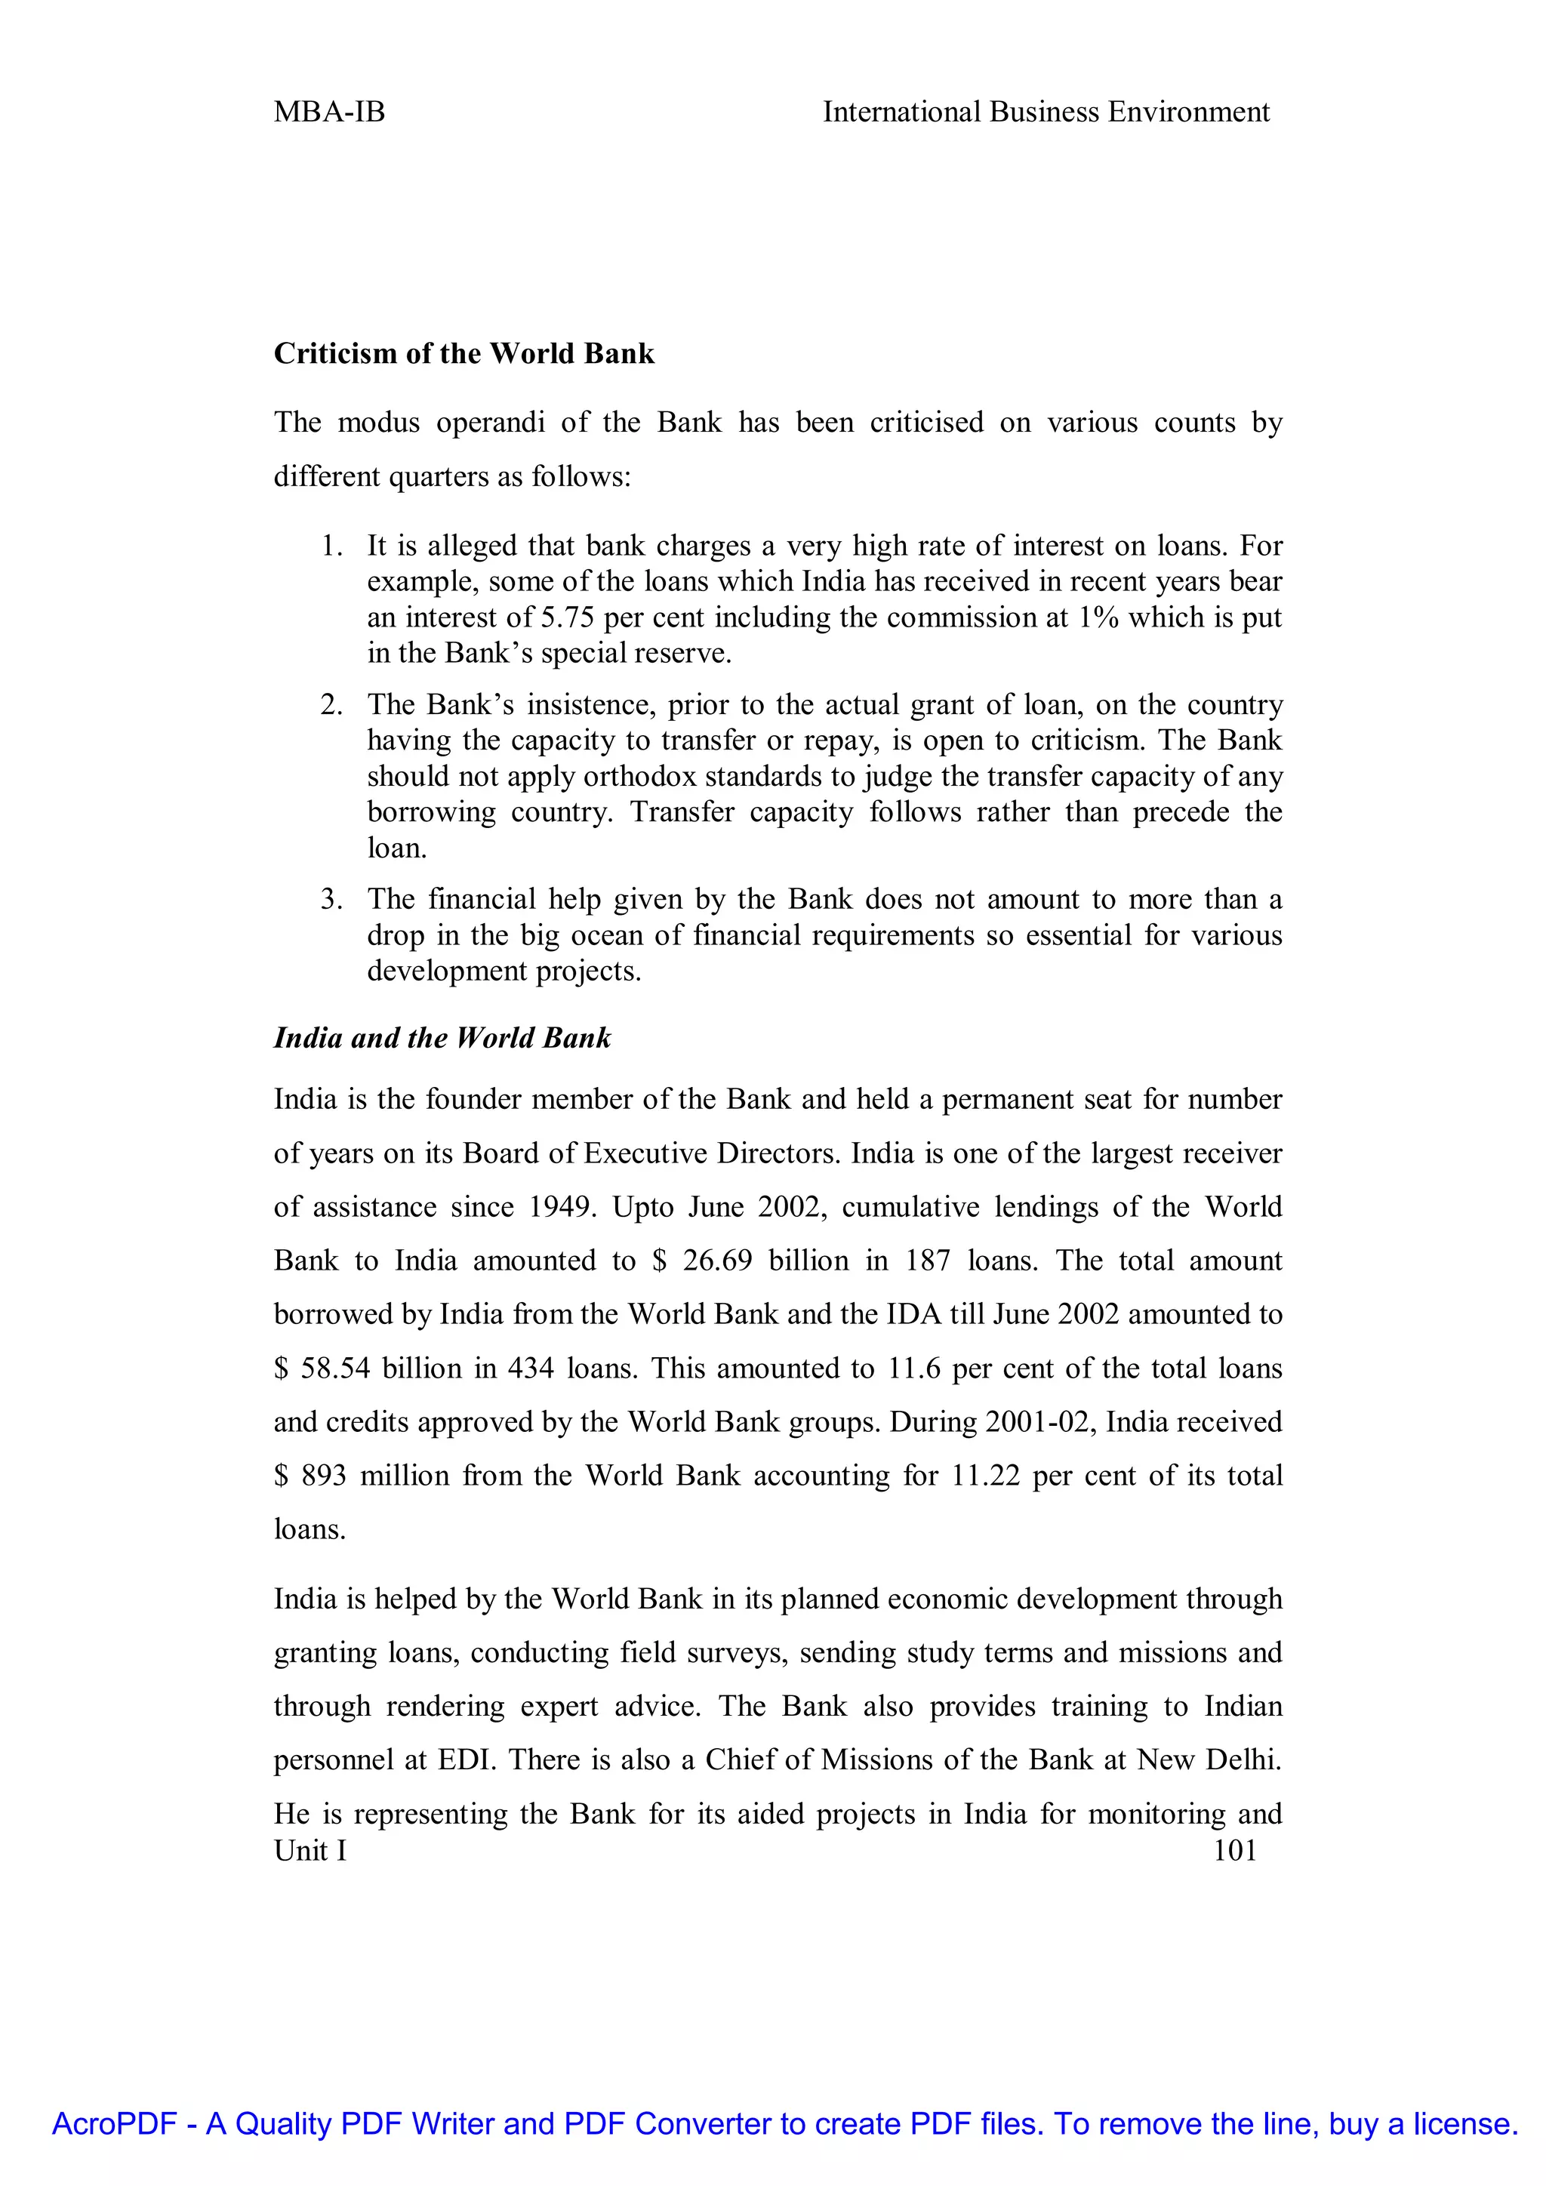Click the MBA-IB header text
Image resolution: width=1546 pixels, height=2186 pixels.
(x=329, y=112)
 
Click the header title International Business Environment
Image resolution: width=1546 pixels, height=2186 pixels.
(x=1046, y=112)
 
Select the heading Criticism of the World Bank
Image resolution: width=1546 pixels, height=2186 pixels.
(x=463, y=353)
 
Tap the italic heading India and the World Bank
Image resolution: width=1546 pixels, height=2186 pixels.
(x=442, y=1037)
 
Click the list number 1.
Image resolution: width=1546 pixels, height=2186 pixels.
(x=331, y=546)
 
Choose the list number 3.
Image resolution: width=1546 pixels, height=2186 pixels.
(x=331, y=899)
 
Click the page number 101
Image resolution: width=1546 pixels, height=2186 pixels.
(x=1235, y=1850)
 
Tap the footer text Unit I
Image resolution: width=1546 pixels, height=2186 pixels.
(x=310, y=1850)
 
